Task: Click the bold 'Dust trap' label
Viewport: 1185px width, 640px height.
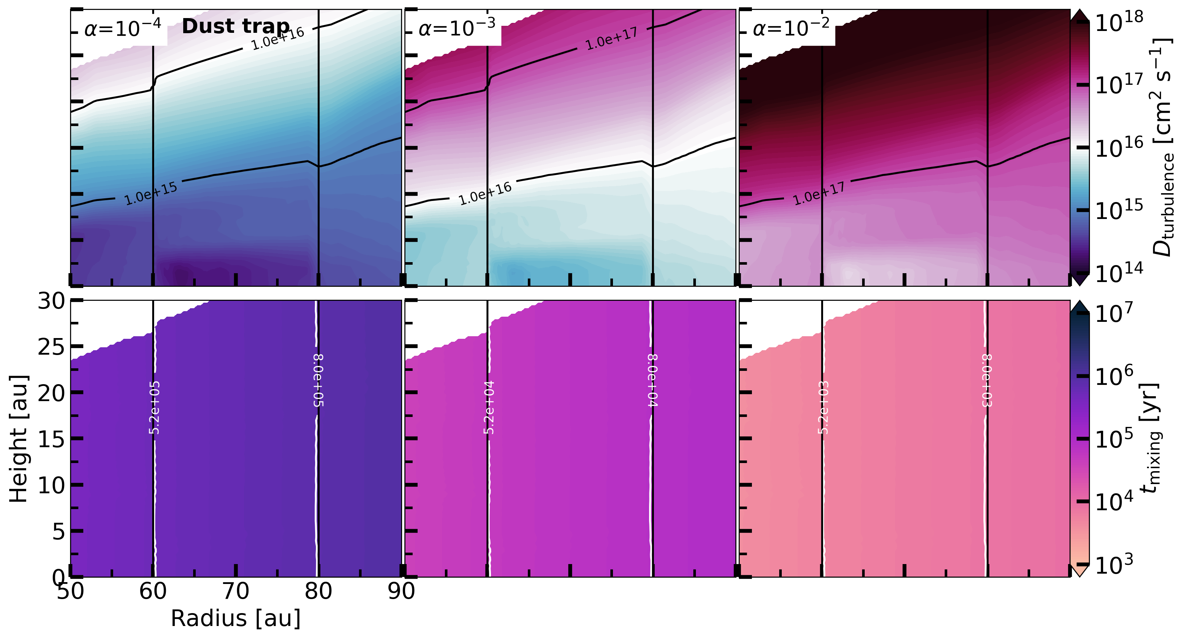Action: (x=236, y=26)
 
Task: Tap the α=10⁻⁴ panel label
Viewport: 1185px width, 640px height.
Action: (x=123, y=28)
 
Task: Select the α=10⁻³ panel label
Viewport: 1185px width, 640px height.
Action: (x=457, y=28)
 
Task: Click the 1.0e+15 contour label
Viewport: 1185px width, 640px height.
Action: (x=151, y=194)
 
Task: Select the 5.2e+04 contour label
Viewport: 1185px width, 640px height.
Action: (x=489, y=408)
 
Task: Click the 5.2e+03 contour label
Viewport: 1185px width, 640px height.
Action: (x=823, y=408)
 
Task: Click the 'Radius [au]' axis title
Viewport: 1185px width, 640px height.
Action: (x=236, y=618)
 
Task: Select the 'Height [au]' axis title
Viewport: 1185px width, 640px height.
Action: (x=19, y=438)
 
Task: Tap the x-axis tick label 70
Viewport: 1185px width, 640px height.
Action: (x=236, y=591)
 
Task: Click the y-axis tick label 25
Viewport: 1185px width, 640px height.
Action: (x=51, y=347)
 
